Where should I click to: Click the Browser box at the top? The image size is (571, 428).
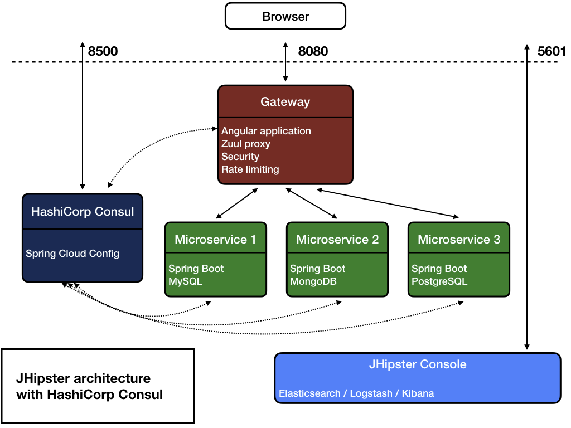(x=285, y=16)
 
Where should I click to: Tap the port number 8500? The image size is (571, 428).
(x=103, y=52)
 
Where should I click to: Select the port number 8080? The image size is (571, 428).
(x=313, y=52)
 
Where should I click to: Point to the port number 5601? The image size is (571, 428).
(x=551, y=52)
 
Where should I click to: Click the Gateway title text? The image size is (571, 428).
(x=285, y=102)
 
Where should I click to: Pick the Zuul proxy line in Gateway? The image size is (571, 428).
(x=246, y=144)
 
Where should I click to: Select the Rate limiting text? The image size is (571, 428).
(x=250, y=169)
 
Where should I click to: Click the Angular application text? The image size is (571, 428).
(x=266, y=131)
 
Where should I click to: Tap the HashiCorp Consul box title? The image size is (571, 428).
(x=83, y=212)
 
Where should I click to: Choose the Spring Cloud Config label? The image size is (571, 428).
(x=72, y=254)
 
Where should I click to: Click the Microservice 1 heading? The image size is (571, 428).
(x=215, y=240)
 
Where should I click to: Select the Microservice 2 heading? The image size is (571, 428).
(x=337, y=240)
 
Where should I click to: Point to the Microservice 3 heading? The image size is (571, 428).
(x=459, y=240)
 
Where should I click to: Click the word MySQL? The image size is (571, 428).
(x=185, y=281)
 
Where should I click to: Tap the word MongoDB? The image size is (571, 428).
(x=313, y=281)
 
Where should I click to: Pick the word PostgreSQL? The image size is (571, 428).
(x=439, y=281)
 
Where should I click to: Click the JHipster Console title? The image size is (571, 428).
(x=418, y=365)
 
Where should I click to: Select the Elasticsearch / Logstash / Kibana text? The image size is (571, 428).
(x=356, y=393)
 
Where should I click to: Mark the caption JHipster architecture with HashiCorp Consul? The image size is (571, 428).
(x=89, y=386)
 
